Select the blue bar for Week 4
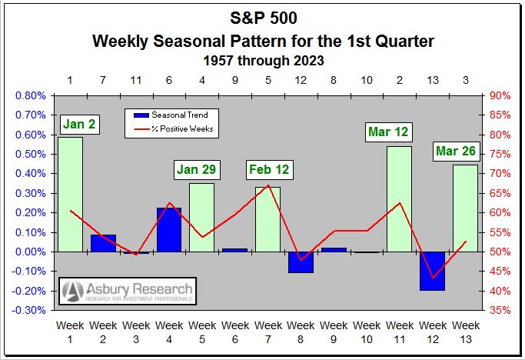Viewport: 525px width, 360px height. pyautogui.click(x=169, y=229)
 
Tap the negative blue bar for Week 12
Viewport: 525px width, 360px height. pyautogui.click(x=433, y=271)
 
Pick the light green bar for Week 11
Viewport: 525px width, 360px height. pyautogui.click(x=400, y=198)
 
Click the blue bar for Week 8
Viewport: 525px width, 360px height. pyautogui.click(x=301, y=262)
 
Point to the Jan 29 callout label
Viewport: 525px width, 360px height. pyautogui.click(x=197, y=168)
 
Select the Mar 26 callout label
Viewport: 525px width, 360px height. pyautogui.click(x=456, y=151)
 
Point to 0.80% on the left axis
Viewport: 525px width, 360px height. pyautogui.click(x=30, y=96)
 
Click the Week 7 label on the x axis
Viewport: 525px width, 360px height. pyautogui.click(x=267, y=332)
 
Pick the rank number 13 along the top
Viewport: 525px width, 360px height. pyautogui.click(x=433, y=80)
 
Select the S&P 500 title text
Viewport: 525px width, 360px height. pyautogui.click(x=262, y=16)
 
